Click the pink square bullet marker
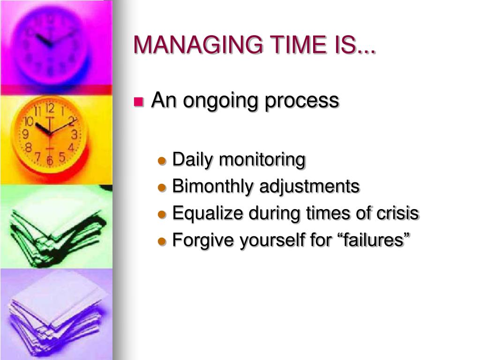click(138, 102)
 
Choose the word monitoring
click(262, 160)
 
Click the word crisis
click(398, 213)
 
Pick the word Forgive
click(204, 240)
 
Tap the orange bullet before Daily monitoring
click(162, 161)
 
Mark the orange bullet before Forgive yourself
click(162, 241)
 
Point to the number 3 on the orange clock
click(74, 135)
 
